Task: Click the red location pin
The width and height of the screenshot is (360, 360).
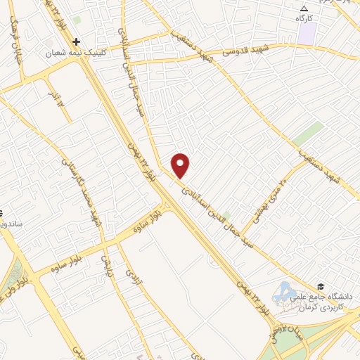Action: (181, 165)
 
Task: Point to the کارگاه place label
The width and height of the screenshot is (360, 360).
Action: (304, 18)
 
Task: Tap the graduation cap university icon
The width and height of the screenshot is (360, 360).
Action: (321, 286)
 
